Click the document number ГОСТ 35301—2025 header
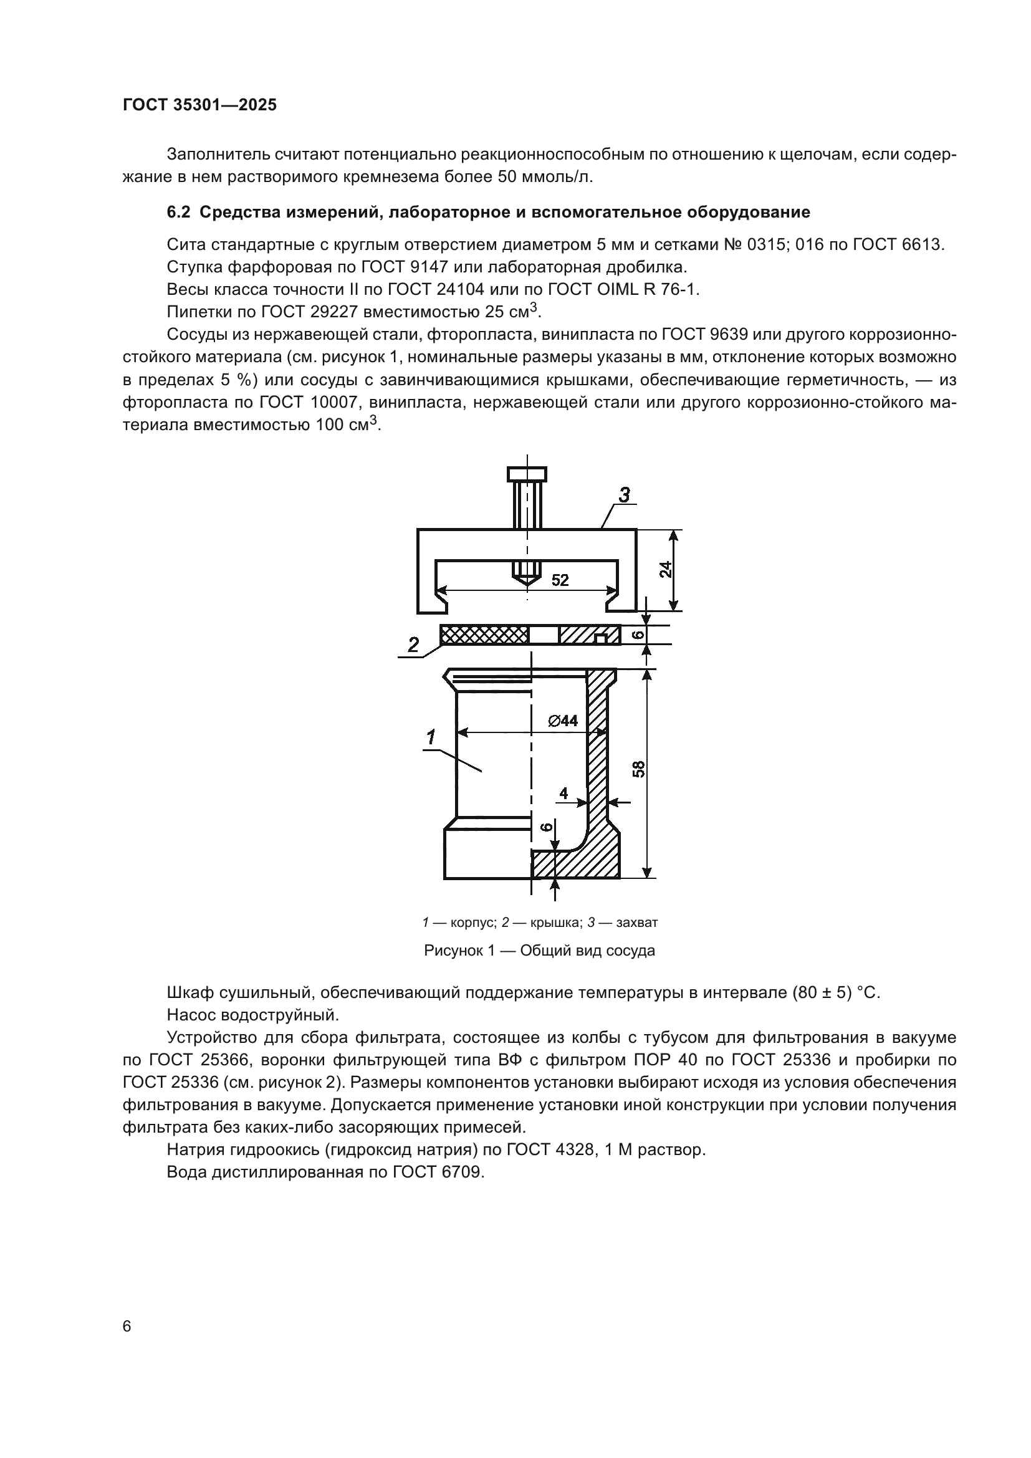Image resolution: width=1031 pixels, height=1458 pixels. pos(200,105)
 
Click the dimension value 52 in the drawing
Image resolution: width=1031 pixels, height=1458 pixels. pos(560,580)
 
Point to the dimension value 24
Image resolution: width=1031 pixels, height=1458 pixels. pos(664,570)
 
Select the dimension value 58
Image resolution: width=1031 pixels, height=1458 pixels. pos(639,769)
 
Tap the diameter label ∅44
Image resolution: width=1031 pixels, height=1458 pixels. pos(563,721)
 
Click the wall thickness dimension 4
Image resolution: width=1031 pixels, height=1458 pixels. pos(563,793)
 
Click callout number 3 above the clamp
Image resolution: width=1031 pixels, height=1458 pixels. pos(624,496)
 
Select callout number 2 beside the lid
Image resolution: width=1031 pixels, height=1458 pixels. pos(413,645)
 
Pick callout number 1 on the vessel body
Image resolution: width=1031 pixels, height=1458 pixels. pos(431,737)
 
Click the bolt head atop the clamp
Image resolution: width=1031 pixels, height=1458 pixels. pos(526,474)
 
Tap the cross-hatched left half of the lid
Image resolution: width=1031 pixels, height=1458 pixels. pos(484,635)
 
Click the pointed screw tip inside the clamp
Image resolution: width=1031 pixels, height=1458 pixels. pos(526,579)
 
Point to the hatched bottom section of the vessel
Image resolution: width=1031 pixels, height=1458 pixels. pos(575,866)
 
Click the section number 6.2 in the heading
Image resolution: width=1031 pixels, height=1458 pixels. pos(178,212)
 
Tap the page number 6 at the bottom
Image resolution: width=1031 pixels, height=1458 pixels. pos(127,1326)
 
